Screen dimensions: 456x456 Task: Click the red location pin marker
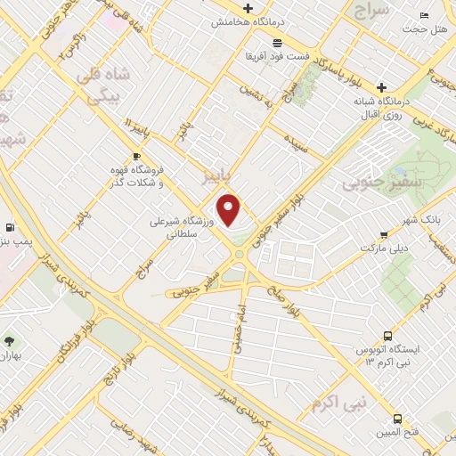pos(230,209)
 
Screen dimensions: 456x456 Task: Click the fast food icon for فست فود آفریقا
pos(278,42)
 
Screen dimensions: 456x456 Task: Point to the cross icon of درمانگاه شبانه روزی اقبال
pos(381,87)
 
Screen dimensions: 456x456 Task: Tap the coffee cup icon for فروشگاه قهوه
pos(136,158)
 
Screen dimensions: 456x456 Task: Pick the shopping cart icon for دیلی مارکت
pos(383,235)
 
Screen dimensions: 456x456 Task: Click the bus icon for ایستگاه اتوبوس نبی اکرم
pos(387,336)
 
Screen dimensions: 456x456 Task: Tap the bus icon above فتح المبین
pos(397,419)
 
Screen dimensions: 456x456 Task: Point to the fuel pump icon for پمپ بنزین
pos(10,227)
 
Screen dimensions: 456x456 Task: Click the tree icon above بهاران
pos(9,341)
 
